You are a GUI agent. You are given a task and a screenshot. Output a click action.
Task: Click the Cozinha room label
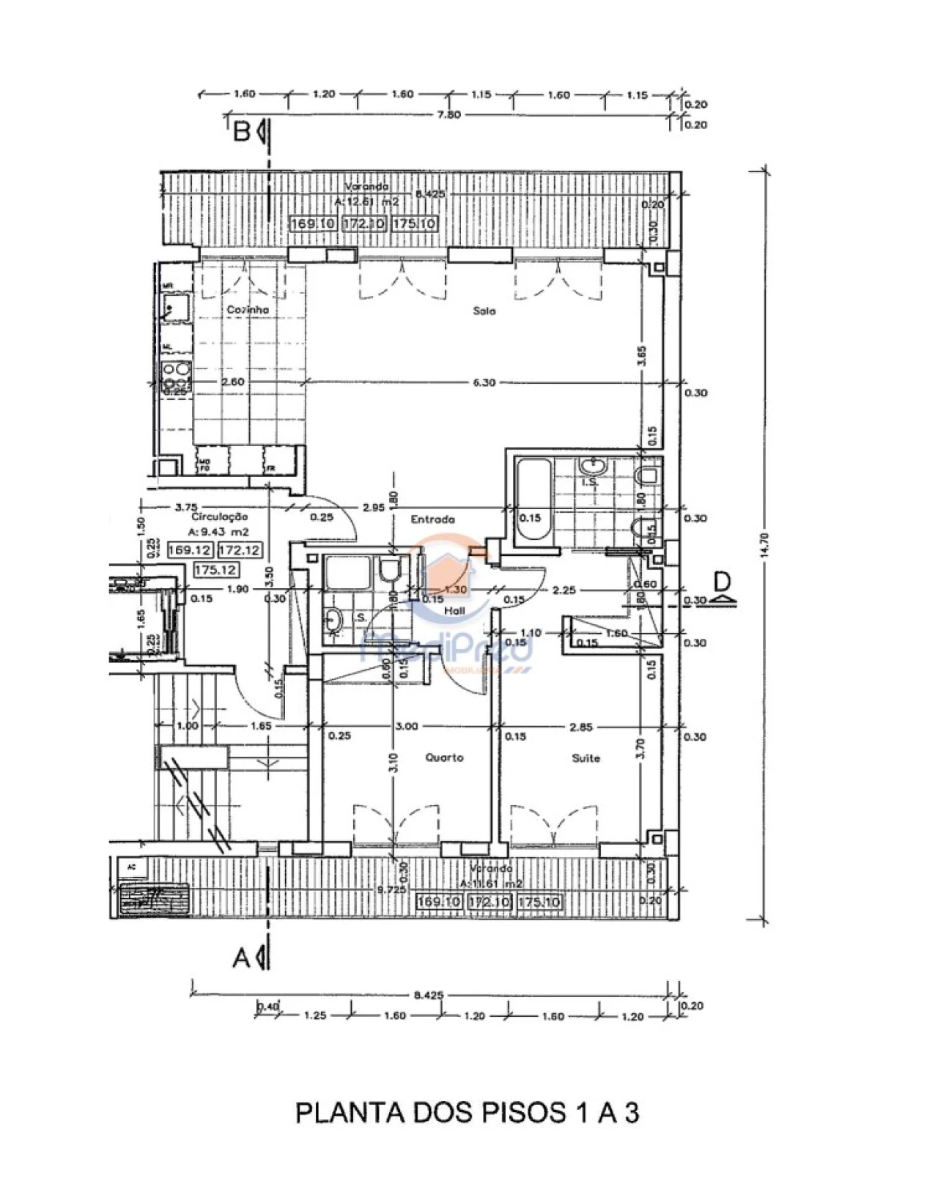[x=247, y=310]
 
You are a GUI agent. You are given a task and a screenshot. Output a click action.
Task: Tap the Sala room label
[x=484, y=311]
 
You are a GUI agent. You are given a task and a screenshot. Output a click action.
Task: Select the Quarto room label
[x=444, y=758]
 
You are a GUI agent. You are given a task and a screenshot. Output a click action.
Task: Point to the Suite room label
[x=586, y=758]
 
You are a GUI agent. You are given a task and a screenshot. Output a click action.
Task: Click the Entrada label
[x=432, y=519]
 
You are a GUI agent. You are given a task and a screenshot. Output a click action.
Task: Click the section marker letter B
[x=242, y=133]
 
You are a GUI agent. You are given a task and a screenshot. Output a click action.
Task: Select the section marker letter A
[x=242, y=957]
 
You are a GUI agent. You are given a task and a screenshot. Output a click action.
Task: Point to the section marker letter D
[x=722, y=582]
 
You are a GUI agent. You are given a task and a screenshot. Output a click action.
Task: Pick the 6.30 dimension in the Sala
[x=484, y=382]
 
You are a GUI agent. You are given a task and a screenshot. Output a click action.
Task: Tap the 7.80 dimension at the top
[x=448, y=114]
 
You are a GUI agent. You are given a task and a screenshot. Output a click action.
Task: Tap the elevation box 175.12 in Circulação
[x=215, y=569]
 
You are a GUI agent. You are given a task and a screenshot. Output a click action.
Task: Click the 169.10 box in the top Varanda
[x=313, y=223]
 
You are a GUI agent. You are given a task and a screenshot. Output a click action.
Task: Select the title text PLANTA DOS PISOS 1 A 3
[x=468, y=1113]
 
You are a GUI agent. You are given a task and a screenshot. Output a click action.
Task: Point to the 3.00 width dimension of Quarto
[x=406, y=727]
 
